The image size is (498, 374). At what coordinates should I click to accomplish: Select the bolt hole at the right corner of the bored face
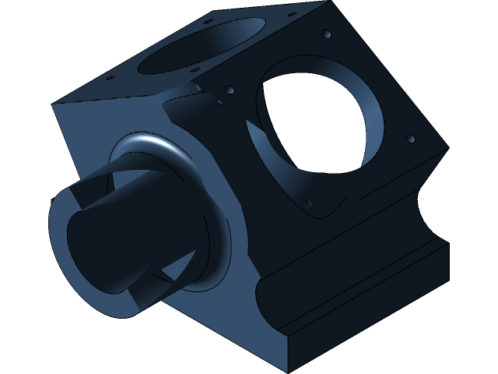pyautogui.click(x=411, y=139)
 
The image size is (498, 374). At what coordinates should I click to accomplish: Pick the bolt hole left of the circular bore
pyautogui.click(x=229, y=90)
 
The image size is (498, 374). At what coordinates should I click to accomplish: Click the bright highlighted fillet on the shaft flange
pyautogui.click(x=160, y=142)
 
